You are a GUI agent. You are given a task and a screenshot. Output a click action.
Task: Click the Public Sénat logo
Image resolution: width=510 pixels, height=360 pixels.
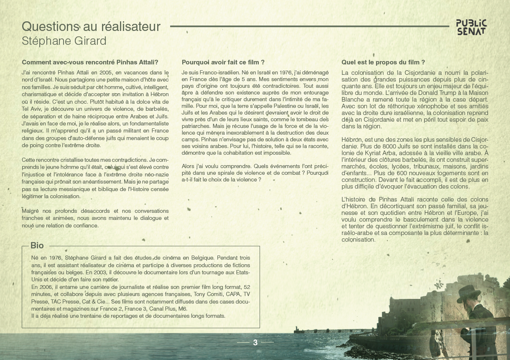point(471,27)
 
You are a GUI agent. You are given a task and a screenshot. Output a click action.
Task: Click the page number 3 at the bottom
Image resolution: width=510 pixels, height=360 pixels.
point(255,342)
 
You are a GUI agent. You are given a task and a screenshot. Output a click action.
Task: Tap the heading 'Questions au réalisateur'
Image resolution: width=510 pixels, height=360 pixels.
point(91,26)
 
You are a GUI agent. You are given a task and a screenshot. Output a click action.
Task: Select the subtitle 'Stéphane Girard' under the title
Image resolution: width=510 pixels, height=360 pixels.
point(64,41)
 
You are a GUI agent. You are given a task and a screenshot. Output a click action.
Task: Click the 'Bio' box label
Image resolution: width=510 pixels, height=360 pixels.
point(37,245)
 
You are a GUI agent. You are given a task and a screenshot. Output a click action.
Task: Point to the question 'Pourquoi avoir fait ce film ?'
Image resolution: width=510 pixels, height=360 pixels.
point(223,62)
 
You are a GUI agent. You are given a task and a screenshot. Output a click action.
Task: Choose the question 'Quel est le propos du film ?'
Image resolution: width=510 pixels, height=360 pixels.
point(383,62)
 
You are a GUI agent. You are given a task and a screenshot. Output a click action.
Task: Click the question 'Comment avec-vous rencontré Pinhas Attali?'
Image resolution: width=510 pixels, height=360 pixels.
point(90,62)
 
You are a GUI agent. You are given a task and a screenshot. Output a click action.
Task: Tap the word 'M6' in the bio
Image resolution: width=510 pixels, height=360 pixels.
point(183,309)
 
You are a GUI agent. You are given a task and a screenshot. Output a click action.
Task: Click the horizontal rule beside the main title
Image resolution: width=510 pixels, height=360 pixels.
point(309,26)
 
